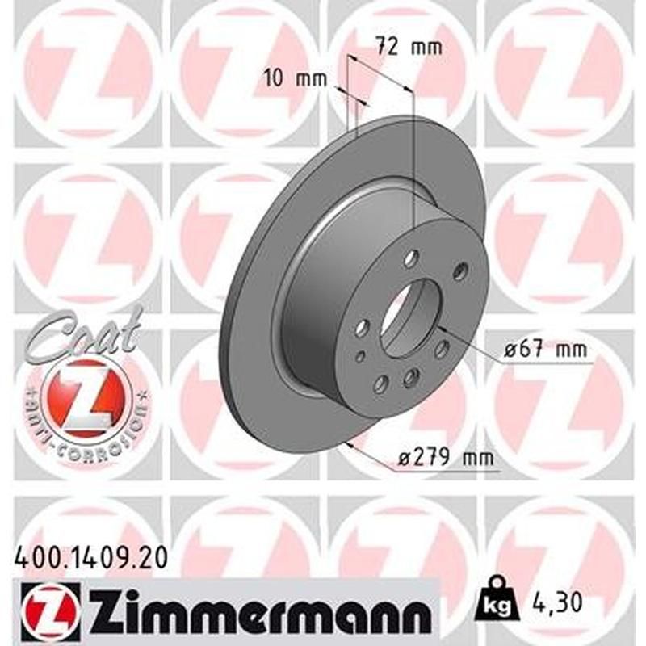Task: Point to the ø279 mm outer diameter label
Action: [x=446, y=458]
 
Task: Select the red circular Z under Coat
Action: [x=82, y=395]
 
